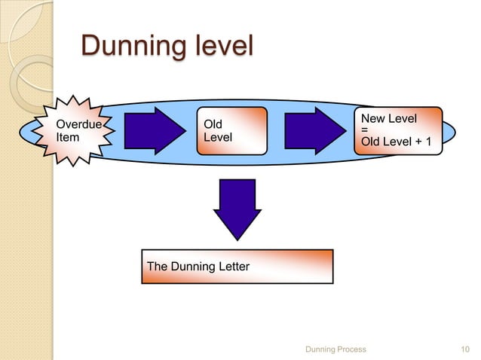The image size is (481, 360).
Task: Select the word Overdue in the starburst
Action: point(79,124)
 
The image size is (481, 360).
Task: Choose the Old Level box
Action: point(231,130)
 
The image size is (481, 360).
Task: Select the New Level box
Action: point(398,130)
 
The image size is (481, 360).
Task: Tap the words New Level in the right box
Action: point(389,119)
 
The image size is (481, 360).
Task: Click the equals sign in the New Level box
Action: point(366,129)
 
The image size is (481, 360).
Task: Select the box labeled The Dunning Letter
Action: point(237,267)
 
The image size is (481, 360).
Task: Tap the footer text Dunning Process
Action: point(335,349)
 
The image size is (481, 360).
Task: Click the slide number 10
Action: point(464,349)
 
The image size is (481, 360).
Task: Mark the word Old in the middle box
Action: point(213,124)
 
